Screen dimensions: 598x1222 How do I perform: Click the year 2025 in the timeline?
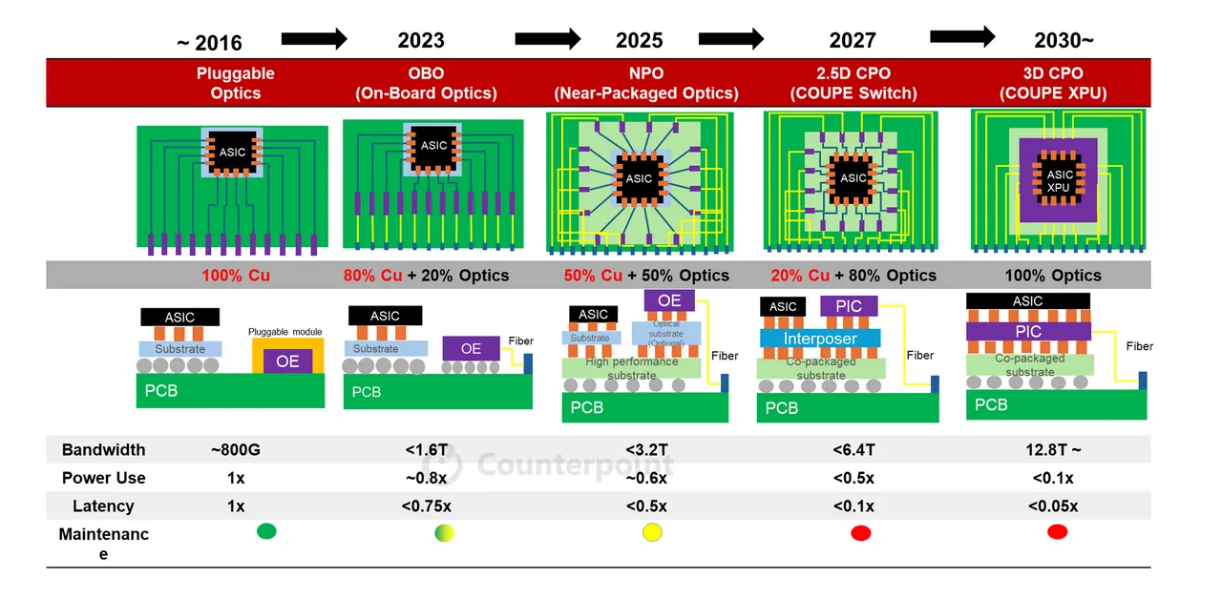click(x=639, y=40)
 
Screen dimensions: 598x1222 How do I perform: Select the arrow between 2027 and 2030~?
click(x=962, y=37)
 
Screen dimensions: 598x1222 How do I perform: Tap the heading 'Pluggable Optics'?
click(x=235, y=83)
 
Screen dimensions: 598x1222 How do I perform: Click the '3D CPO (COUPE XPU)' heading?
click(x=1053, y=83)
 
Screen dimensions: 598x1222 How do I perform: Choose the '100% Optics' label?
click(x=1053, y=276)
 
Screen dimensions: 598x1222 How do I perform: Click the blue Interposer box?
click(x=807, y=339)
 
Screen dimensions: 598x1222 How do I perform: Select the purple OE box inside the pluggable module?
click(x=287, y=361)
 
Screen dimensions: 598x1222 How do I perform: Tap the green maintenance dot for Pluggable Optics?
click(x=266, y=531)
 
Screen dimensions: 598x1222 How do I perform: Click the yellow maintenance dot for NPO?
click(x=653, y=532)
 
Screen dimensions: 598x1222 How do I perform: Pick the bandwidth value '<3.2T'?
click(x=646, y=449)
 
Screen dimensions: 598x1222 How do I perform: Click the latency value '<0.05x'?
click(x=1053, y=506)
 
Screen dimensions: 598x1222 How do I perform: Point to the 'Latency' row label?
click(x=103, y=506)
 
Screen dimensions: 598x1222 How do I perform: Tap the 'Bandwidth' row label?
click(x=103, y=449)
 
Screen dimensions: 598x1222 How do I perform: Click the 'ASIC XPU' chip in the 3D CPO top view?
click(x=1060, y=181)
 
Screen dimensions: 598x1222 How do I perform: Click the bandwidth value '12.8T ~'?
click(x=1053, y=449)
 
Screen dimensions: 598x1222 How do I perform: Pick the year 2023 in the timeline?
click(x=421, y=40)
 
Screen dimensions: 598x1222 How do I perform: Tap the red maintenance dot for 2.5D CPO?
click(x=861, y=532)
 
